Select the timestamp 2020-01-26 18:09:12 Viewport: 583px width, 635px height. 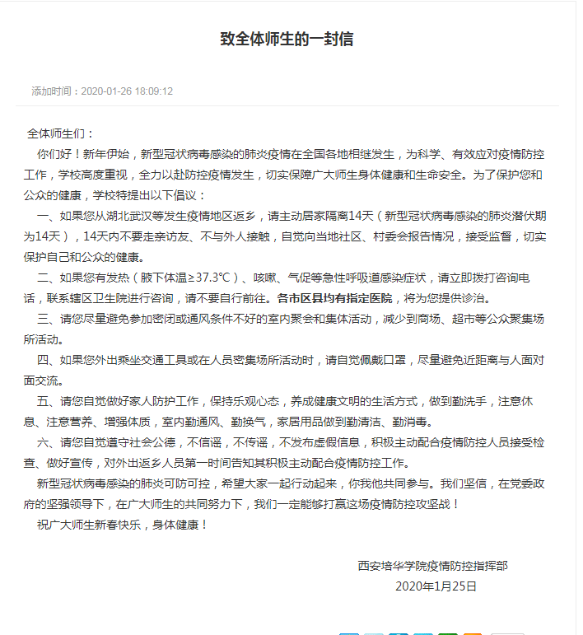click(127, 91)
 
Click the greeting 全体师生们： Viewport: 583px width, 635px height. click(61, 133)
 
